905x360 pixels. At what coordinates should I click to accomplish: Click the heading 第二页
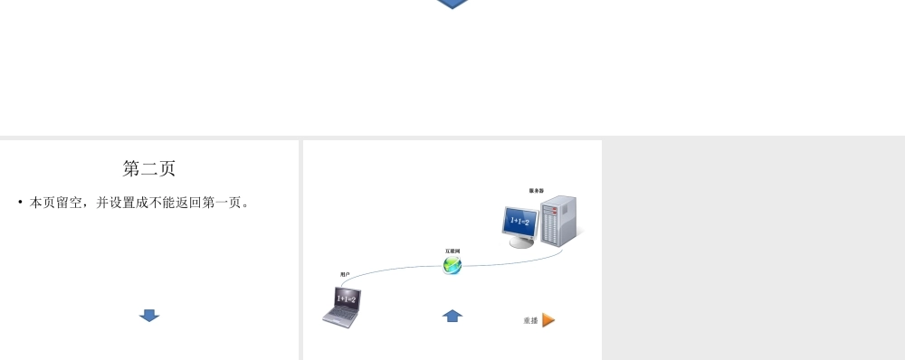pos(149,168)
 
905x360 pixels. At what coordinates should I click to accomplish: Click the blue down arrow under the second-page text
pos(149,315)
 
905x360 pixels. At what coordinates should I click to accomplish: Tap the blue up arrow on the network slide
pos(452,315)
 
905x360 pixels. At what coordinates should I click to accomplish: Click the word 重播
pos(530,321)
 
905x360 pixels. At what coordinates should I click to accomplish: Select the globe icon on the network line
pos(452,265)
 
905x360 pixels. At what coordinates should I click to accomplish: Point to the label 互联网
pos(452,251)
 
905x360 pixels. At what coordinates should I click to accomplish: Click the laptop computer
pos(342,306)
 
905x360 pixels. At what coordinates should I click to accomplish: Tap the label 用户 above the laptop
pos(345,274)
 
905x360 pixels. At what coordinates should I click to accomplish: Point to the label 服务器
pos(537,191)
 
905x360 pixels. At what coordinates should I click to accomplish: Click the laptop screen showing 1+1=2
pos(347,298)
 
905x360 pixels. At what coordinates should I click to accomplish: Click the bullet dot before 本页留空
pos(20,202)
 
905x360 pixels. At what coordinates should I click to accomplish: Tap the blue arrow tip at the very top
pos(452,5)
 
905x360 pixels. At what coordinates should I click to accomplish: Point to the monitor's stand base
pos(521,243)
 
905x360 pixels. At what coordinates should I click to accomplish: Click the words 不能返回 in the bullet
pos(176,203)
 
